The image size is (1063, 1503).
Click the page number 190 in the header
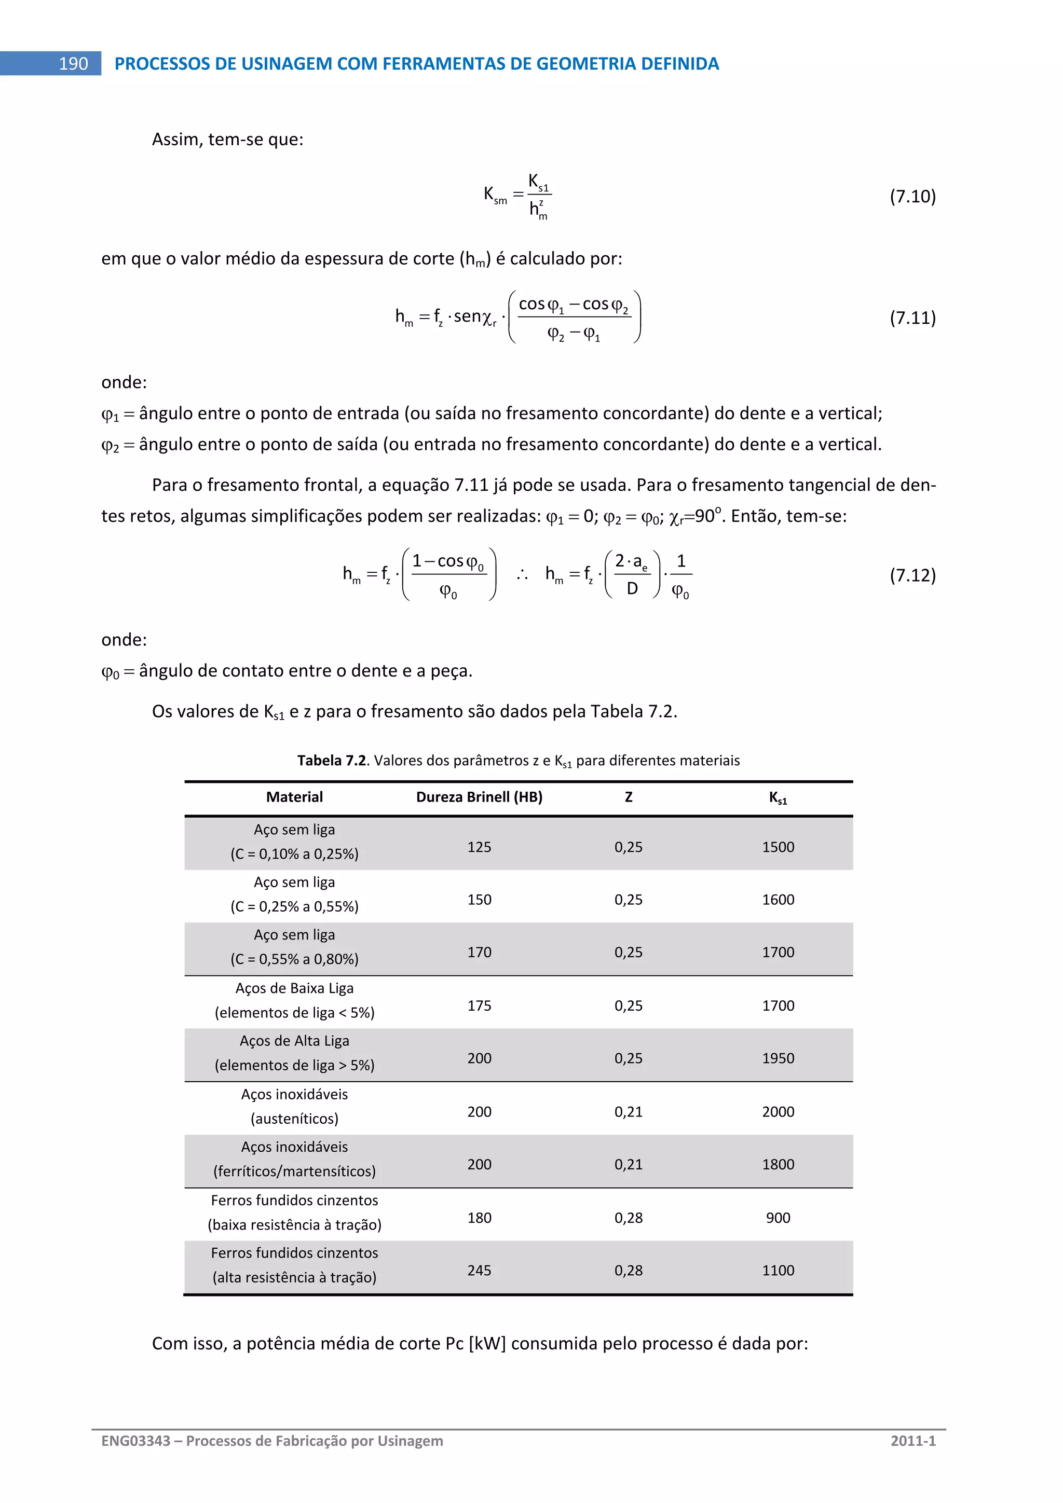73,63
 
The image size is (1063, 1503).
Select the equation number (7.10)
912,197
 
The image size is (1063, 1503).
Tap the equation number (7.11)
912,318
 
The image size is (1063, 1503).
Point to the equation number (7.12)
912,575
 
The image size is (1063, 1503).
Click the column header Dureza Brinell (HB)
479,797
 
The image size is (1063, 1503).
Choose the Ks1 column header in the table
778,797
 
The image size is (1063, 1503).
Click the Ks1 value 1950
778,1058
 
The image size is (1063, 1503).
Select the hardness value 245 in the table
479,1270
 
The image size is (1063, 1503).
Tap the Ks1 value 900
778,1218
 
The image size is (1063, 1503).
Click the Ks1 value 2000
778,1111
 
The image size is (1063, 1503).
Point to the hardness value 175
479,1005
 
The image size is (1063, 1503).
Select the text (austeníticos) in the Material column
294,1118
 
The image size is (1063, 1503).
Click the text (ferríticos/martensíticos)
294,1171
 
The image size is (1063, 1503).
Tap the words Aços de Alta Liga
294,1041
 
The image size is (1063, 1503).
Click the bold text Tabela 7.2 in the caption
331,760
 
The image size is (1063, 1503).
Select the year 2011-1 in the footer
912,1441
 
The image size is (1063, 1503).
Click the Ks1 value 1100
778,1270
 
